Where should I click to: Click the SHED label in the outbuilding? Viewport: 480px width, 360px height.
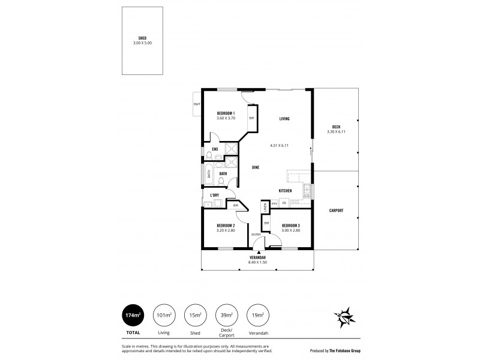click(142, 38)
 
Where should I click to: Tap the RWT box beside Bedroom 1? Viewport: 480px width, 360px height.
click(196, 104)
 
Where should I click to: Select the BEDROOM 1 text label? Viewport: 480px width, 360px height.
click(226, 113)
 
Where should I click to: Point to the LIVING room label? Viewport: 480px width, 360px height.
click(284, 119)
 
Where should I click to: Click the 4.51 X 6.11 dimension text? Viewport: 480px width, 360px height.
click(280, 145)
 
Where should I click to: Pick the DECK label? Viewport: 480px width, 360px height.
click(337, 127)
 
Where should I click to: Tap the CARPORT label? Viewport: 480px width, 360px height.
click(337, 211)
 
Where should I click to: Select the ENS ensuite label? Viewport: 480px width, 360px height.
click(214, 149)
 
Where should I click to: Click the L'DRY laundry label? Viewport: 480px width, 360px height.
click(214, 195)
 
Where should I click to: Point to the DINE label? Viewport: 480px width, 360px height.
click(256, 168)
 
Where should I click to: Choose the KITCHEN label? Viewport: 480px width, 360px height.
click(285, 191)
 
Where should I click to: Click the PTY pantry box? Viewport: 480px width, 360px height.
click(274, 204)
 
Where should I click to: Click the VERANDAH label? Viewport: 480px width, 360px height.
click(258, 258)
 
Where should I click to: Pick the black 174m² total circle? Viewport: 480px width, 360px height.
click(134, 315)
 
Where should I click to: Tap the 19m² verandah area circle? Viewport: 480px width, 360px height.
click(257, 315)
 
